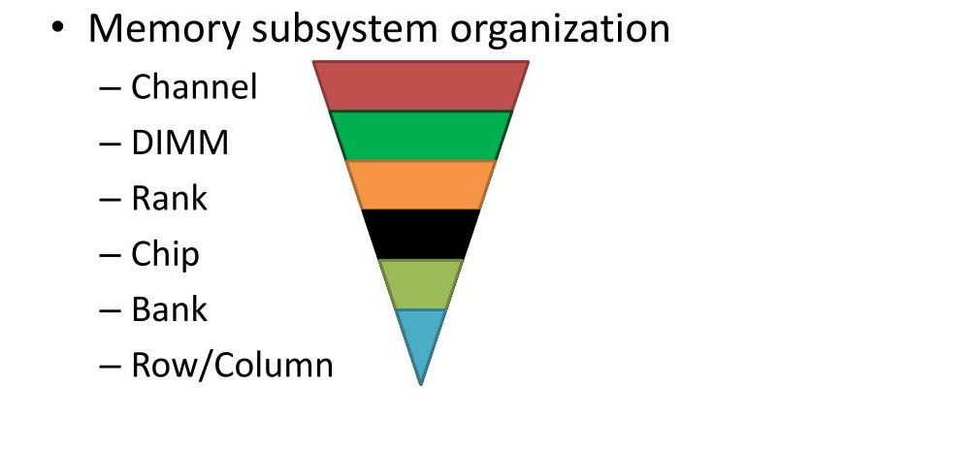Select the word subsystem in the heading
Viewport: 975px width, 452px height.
click(x=345, y=29)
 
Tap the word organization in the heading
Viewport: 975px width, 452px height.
click(x=560, y=29)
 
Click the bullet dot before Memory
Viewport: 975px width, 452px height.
click(x=58, y=27)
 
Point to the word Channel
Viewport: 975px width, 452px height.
click(x=194, y=86)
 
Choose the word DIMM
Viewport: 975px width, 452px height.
click(x=180, y=143)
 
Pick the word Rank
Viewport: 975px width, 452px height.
click(x=169, y=198)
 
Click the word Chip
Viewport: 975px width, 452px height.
click(x=165, y=255)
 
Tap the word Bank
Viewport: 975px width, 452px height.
click(x=169, y=309)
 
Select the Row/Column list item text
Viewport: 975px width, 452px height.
click(x=233, y=366)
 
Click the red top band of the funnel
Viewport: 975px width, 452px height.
click(x=421, y=85)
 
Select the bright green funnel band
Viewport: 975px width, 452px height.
click(x=421, y=136)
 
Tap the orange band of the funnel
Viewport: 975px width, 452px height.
click(x=421, y=185)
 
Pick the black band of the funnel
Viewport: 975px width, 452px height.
click(x=421, y=235)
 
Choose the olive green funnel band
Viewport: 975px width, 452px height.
click(x=421, y=284)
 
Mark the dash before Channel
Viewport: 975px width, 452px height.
click(x=110, y=88)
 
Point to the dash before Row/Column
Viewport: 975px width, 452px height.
click(x=110, y=367)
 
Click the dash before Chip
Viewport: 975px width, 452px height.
click(x=110, y=255)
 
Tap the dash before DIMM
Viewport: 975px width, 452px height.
click(x=110, y=145)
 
